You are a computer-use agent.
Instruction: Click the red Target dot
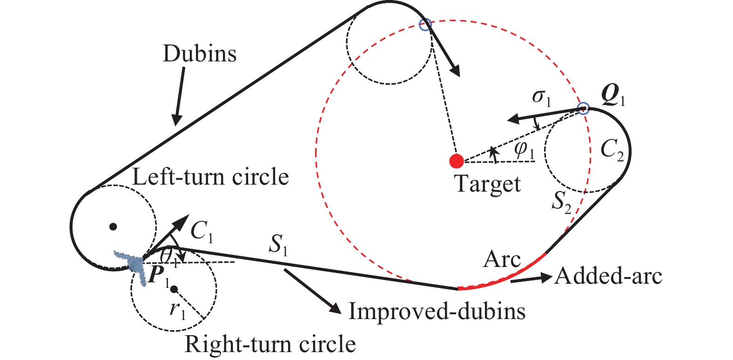point(457,161)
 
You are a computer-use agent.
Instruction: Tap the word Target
point(487,184)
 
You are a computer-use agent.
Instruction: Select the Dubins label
point(199,54)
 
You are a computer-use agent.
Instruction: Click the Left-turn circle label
point(210,177)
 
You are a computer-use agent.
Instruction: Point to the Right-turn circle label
point(270,344)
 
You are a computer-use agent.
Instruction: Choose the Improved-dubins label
point(437,311)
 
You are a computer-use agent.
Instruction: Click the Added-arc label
point(608,276)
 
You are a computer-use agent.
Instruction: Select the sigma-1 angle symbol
point(541,97)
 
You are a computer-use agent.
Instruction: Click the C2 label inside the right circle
point(612,150)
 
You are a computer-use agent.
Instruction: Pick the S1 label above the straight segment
point(278,245)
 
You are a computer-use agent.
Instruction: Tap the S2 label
point(561,202)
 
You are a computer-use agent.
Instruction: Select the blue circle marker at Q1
point(583,109)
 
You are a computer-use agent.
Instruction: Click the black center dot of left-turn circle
point(113,227)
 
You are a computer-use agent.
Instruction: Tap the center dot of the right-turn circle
point(174,289)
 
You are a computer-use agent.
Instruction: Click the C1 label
point(202,231)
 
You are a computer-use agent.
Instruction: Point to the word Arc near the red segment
point(502,259)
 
